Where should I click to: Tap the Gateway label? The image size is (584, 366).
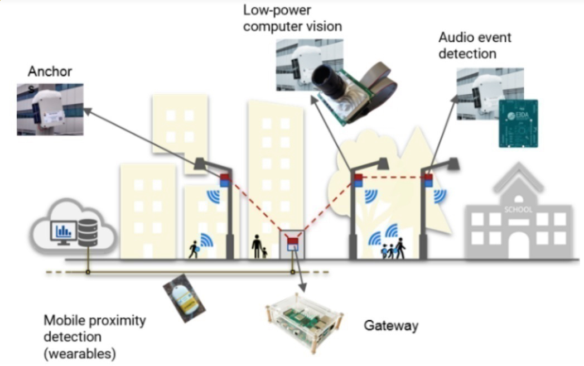coord(390,325)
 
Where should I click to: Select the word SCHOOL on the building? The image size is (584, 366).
coord(518,210)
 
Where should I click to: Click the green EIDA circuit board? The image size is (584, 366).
coord(518,123)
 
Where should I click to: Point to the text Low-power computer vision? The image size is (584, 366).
coord(292,18)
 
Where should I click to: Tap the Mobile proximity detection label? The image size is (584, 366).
coord(95,337)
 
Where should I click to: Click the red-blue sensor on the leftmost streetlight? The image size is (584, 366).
coord(225,180)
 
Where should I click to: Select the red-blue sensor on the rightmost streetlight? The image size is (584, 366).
coord(428,180)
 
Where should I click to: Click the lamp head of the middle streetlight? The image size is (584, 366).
coord(382,163)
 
